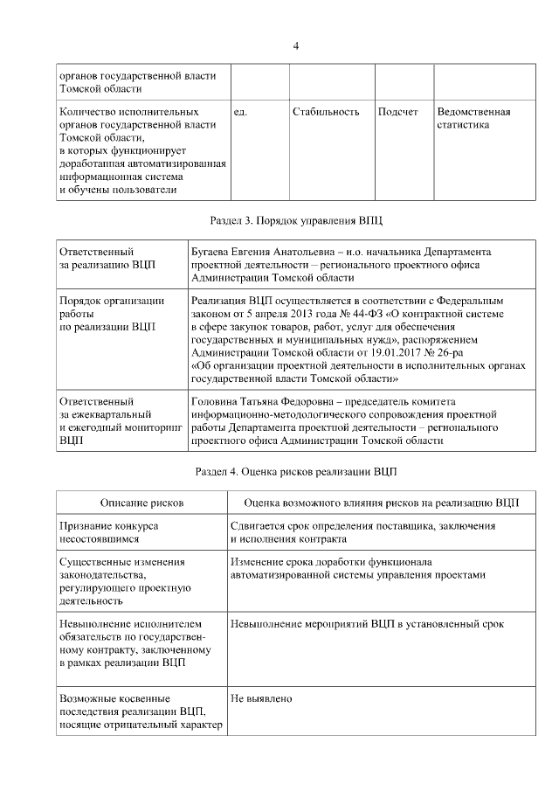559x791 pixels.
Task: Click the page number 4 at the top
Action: tap(297, 45)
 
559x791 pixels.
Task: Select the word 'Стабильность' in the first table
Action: tap(326, 112)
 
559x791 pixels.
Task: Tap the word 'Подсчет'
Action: tap(398, 112)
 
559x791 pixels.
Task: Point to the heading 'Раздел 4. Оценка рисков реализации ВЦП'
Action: tap(296, 472)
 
